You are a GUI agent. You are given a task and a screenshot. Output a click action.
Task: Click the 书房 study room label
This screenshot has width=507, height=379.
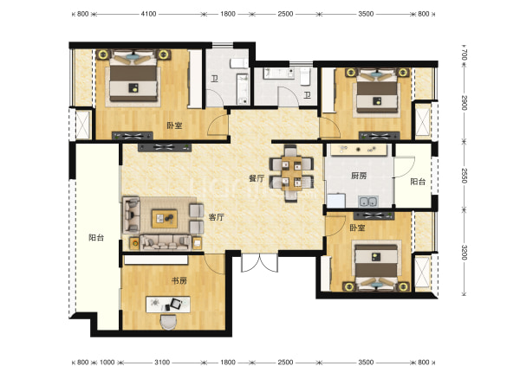[179, 280]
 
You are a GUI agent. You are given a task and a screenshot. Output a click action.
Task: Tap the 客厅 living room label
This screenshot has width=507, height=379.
[217, 217]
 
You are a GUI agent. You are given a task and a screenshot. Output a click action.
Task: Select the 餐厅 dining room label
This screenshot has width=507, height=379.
[257, 178]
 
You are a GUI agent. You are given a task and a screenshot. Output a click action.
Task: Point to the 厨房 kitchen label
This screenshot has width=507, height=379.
[359, 176]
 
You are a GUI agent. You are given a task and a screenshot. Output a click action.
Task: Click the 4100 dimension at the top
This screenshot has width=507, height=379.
[148, 14]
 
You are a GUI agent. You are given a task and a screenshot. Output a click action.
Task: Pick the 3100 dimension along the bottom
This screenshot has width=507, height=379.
[162, 363]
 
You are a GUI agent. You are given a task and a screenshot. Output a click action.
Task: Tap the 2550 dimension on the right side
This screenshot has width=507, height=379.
[465, 176]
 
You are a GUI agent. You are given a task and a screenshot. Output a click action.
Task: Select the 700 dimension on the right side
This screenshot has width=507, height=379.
[465, 55]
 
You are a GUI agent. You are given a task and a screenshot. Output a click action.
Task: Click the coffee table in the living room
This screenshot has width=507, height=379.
[165, 219]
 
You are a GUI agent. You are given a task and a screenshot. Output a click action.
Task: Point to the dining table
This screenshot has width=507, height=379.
[291, 173]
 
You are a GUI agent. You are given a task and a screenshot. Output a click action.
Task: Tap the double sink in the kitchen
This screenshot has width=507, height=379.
[368, 202]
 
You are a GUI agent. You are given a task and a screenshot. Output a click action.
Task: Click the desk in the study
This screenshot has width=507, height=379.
[168, 305]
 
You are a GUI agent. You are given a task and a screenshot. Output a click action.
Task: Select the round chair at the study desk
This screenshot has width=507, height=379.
[168, 322]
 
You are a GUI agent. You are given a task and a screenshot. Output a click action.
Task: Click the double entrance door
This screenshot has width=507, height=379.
[259, 262]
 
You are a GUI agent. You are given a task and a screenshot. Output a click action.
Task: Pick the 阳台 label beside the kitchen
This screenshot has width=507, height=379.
[418, 182]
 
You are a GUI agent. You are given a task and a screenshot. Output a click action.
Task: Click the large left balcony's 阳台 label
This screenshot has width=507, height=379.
[96, 238]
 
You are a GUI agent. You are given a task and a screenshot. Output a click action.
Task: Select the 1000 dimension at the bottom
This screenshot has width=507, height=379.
[107, 363]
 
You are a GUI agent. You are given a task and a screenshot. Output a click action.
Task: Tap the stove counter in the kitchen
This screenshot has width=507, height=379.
[358, 150]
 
